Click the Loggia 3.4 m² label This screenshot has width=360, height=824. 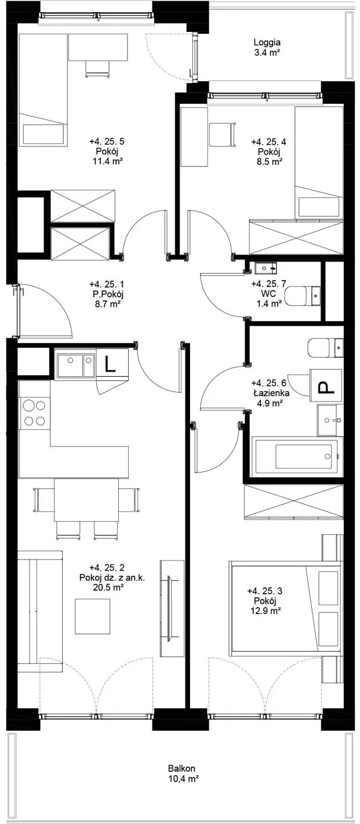tap(267, 48)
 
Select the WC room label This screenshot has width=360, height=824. tap(268, 293)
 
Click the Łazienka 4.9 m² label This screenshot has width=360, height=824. tap(270, 393)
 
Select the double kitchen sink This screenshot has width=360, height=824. tap(75, 365)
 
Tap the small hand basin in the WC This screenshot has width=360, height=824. tap(265, 268)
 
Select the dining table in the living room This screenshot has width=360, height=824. tap(86, 500)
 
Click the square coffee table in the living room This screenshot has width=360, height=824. tap(93, 616)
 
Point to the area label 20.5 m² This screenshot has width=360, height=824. tap(108, 587)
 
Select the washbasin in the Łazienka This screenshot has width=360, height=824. tap(330, 420)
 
